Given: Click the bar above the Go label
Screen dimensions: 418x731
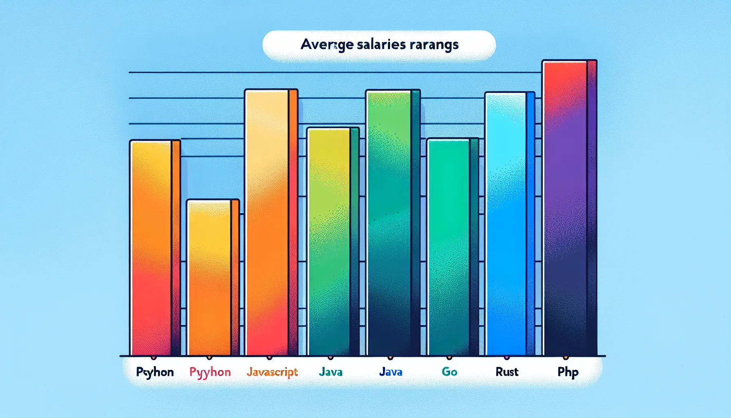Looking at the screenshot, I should [x=452, y=247].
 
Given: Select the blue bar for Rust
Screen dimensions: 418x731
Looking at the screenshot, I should [x=509, y=224].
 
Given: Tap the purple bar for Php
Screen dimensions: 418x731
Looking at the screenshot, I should [x=569, y=208].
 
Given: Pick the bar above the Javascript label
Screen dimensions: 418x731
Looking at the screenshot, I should [x=271, y=222].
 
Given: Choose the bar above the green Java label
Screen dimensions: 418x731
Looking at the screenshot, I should [x=332, y=241].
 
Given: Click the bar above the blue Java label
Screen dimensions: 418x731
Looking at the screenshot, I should [x=393, y=223].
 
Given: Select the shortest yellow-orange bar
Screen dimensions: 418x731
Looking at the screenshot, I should [x=213, y=277].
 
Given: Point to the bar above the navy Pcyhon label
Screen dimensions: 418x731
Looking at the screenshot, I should [x=155, y=248].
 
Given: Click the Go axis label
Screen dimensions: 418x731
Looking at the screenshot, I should [x=449, y=372].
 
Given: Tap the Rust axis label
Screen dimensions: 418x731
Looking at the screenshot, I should [x=507, y=372].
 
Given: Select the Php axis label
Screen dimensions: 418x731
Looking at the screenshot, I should [x=568, y=372].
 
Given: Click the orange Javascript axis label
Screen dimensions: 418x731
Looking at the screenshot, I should [x=272, y=372].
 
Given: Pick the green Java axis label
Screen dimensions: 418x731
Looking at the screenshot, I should [x=330, y=372].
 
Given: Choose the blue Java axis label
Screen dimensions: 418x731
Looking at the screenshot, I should [x=390, y=372].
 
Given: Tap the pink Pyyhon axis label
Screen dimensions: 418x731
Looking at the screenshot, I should [x=210, y=372].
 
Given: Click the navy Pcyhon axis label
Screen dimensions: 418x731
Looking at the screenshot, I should [x=155, y=372].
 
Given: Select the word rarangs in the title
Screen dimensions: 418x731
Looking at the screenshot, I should [x=434, y=44].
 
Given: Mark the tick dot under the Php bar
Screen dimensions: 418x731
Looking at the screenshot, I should [x=565, y=358].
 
